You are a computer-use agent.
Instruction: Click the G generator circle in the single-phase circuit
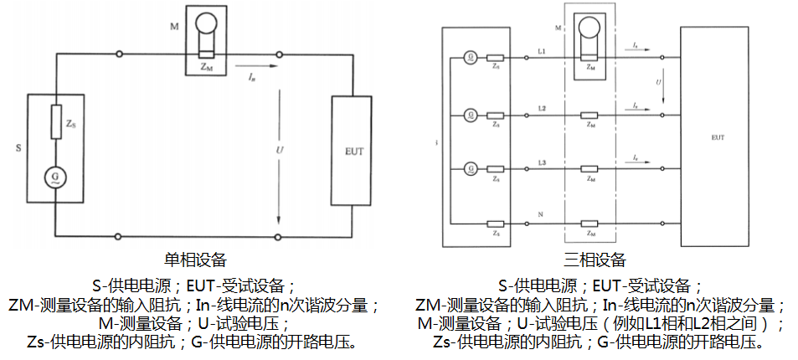tap(55, 177)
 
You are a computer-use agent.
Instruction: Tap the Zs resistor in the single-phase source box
tap(55, 122)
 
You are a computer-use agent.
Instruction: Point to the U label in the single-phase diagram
tap(279, 150)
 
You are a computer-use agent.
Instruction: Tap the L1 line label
tap(542, 51)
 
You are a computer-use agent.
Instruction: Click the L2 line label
tap(542, 108)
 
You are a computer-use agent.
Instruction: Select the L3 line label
tap(542, 161)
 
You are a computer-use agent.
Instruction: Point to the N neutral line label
tap(540, 216)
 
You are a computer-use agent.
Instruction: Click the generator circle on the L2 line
tap(471, 114)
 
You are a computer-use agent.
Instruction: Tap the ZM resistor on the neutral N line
tap(591, 224)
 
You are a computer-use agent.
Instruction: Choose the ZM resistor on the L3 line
tap(591, 169)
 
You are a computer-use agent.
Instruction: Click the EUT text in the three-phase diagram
tap(717, 135)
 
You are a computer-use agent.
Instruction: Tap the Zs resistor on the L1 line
tap(497, 58)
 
